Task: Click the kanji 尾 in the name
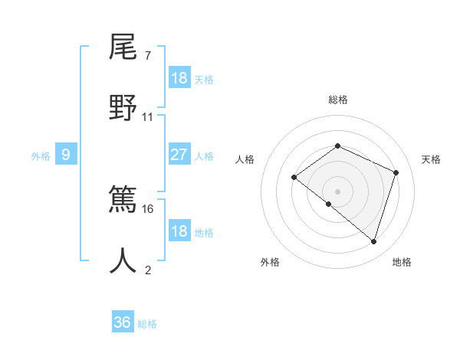pos(123,47)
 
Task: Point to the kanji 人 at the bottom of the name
pos(123,260)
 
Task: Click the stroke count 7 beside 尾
pos(147,56)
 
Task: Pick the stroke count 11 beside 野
pos(148,116)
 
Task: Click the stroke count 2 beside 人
pos(147,270)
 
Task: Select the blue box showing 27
pos(179,155)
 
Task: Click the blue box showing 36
pos(123,322)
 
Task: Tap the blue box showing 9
pos(66,155)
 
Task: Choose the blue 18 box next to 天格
pos(179,78)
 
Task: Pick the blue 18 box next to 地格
pos(179,231)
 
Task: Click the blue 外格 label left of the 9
pos(41,155)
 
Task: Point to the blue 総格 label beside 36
pos(147,324)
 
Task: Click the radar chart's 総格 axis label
pos(337,100)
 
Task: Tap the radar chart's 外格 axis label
pos(270,262)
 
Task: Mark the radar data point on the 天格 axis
pos(396,172)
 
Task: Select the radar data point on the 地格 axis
pos(373,242)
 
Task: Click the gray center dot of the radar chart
pos(337,191)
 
